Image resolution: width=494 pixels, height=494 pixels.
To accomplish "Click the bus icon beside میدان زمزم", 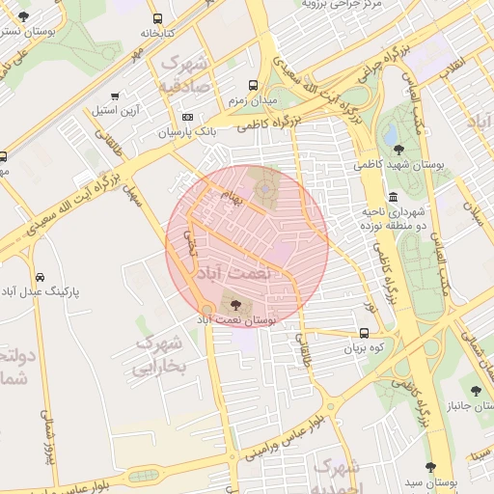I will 254,85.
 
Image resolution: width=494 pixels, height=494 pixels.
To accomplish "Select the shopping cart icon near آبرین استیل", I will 115,96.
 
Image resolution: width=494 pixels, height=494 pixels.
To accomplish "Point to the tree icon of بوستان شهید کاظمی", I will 399,148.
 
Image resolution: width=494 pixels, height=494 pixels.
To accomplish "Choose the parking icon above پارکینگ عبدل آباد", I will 40,277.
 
